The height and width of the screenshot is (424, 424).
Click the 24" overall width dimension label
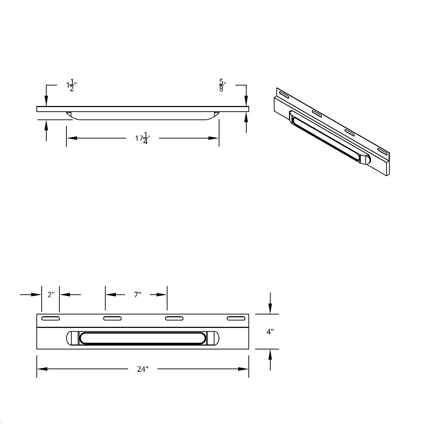(143, 369)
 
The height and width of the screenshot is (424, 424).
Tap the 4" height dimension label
(270, 332)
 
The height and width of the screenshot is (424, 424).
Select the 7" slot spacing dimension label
(137, 294)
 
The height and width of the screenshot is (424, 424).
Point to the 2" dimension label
(51, 294)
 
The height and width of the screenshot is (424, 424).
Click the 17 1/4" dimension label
(143, 139)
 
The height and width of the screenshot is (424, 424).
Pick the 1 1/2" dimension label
(71, 86)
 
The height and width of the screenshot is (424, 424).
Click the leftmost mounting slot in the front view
(51, 319)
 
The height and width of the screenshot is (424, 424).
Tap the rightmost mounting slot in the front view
(236, 319)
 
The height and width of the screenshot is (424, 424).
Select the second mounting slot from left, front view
(112, 319)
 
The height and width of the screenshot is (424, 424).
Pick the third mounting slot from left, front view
(174, 319)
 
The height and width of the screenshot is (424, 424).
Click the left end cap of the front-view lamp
(72, 338)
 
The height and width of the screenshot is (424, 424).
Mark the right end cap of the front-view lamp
(213, 338)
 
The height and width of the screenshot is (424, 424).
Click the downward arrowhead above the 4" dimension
(270, 310)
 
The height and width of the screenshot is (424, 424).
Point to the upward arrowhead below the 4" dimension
(270, 354)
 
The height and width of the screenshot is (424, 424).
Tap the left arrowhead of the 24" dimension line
(42, 369)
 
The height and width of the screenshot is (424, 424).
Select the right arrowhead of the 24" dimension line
(243, 369)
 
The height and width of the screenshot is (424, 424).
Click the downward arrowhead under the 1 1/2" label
(46, 101)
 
